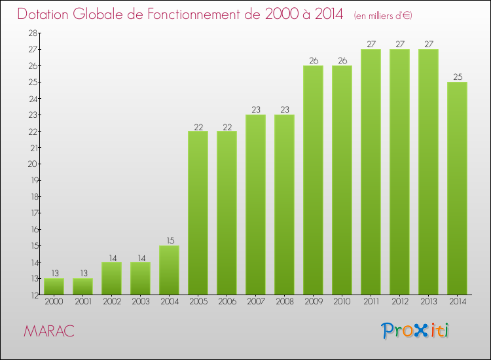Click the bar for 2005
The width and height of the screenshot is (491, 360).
click(198, 213)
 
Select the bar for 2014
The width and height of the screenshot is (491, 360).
click(457, 188)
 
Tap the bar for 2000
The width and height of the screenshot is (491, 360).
click(54, 286)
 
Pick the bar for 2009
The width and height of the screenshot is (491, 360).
click(313, 180)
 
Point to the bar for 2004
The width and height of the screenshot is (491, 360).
click(169, 270)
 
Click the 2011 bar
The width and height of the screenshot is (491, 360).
click(371, 171)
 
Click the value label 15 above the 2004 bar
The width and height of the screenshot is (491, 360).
click(169, 240)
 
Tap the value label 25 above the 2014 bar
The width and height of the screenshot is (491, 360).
click(457, 77)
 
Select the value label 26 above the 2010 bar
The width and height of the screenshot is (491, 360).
click(342, 60)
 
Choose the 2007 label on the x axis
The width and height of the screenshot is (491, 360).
click(255, 302)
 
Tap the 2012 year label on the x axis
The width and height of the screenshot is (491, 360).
click(399, 302)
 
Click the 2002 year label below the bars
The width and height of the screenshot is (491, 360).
click(111, 302)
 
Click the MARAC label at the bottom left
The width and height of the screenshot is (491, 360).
click(49, 331)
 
